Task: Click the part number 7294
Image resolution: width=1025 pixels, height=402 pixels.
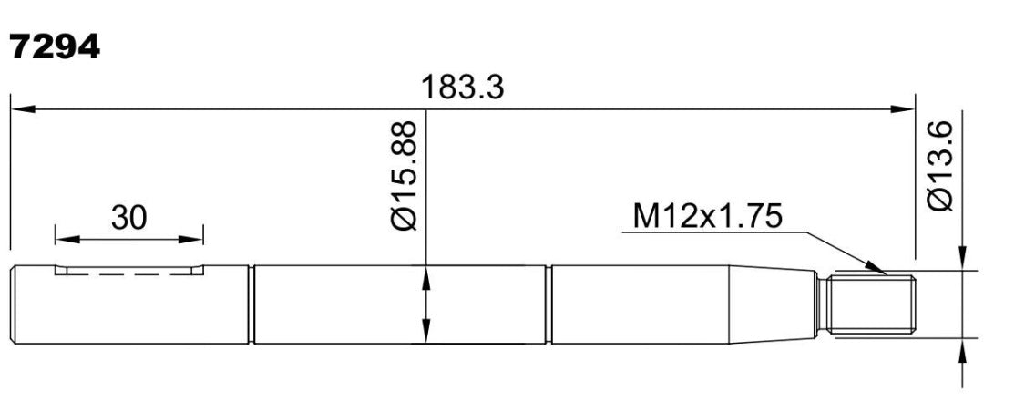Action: coord(55,47)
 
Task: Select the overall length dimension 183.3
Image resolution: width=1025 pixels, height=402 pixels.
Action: coord(463,87)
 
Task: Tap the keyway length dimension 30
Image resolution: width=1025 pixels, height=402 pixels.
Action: coord(128,218)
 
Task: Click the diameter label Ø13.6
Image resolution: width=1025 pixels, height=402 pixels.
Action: coord(940,166)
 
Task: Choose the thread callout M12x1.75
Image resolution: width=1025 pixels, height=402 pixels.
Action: coord(707,216)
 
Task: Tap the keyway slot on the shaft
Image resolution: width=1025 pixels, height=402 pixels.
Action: coord(128,269)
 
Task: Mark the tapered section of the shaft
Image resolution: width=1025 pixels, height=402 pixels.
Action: coord(774,304)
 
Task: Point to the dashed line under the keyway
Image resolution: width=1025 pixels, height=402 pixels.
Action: coord(128,273)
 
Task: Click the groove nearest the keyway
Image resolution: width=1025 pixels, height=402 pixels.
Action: coord(251,304)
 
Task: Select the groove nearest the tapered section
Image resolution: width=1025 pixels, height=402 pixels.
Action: coord(548,304)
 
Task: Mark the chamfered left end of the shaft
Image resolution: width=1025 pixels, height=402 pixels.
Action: coord(14,304)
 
